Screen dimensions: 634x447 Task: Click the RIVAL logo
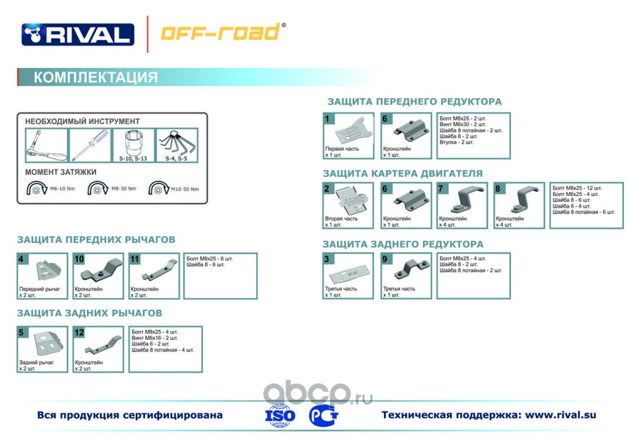point(78,34)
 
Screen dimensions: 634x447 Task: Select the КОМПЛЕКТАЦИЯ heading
point(96,77)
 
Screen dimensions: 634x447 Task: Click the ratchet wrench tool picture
point(46,145)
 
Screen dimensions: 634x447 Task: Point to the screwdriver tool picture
point(90,145)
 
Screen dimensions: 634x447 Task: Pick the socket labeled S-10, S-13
point(134,145)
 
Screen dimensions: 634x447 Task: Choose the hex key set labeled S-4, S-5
point(177,145)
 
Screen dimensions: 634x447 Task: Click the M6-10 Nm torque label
point(62,189)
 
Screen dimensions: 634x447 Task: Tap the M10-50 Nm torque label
point(185,189)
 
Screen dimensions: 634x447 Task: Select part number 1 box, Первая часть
point(348,136)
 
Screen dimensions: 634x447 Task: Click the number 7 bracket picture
point(462,205)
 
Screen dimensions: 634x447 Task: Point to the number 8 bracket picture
point(519,205)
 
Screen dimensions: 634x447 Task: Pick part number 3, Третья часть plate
point(348,275)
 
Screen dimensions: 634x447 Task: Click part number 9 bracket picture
point(406,275)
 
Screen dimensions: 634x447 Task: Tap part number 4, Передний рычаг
point(42,276)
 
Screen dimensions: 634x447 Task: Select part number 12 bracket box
point(98,349)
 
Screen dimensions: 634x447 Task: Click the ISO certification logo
point(280,416)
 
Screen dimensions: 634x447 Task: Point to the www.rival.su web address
point(560,415)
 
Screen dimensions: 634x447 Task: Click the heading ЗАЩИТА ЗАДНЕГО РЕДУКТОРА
point(403,244)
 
